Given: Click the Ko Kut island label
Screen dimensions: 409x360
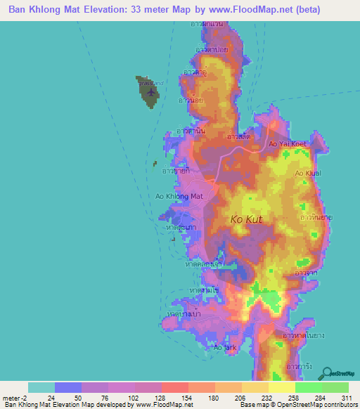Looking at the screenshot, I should click(247, 220).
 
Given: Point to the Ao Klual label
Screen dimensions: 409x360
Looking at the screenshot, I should click(308, 173).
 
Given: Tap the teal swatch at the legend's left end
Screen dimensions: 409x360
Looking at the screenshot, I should click(41, 387).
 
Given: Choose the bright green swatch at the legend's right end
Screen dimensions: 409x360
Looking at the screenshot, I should click(335, 387).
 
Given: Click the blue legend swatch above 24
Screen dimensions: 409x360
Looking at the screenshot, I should click(67, 387).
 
